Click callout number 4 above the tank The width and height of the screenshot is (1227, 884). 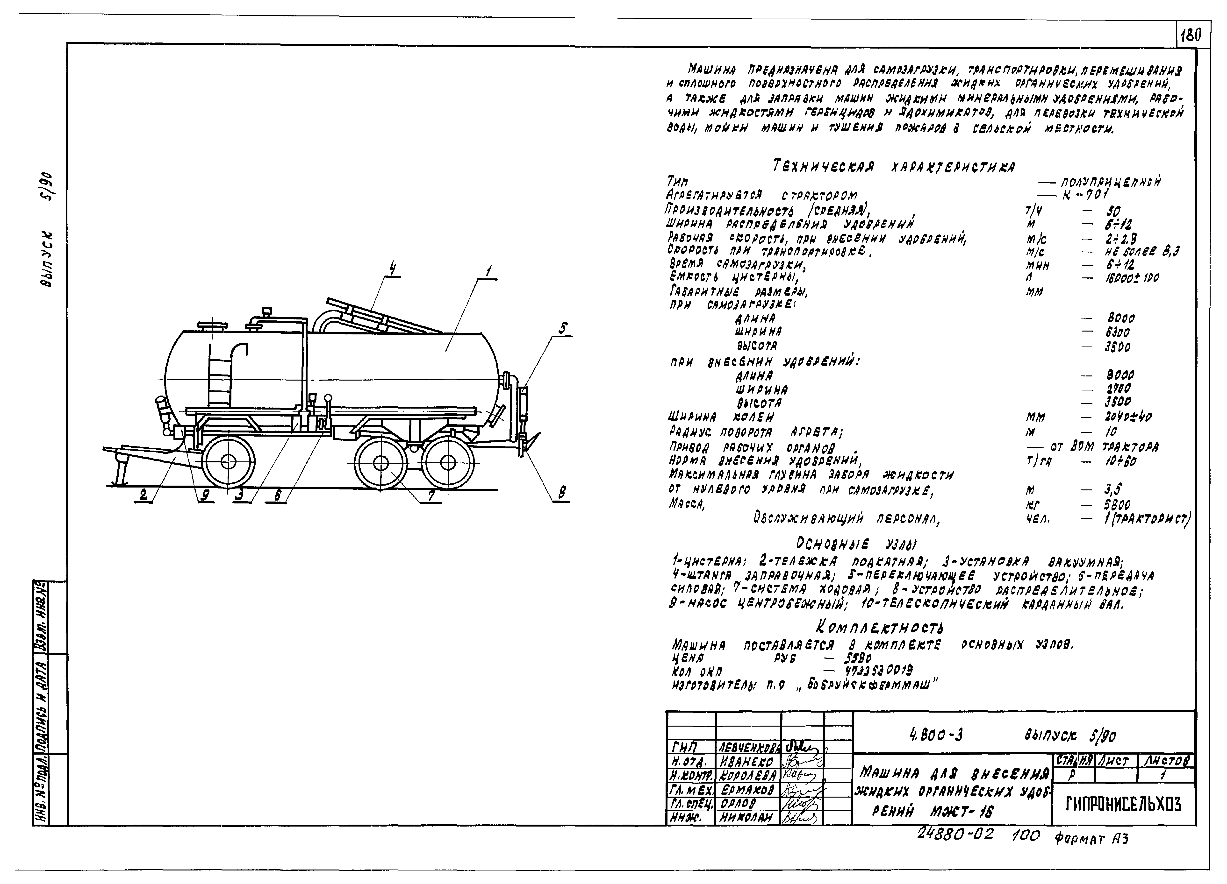tap(392, 268)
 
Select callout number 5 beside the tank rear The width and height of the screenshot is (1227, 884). tap(563, 328)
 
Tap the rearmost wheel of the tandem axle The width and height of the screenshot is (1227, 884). tap(448, 463)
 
